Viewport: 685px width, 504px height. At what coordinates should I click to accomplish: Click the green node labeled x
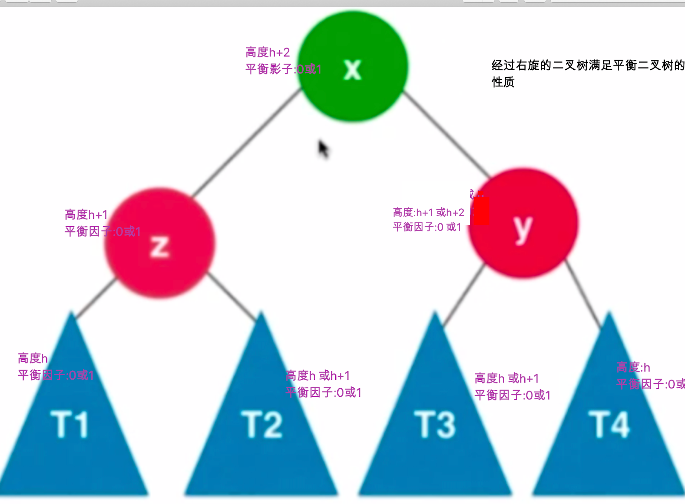(353, 66)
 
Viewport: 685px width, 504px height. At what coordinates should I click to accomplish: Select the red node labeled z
(159, 242)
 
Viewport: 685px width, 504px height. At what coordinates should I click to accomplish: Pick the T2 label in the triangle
(262, 424)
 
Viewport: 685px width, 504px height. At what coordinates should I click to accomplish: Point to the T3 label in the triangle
(434, 424)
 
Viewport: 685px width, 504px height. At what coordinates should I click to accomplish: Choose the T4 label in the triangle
(609, 424)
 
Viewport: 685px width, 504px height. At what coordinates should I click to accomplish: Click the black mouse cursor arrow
(322, 149)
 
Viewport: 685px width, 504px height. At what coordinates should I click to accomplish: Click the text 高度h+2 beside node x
(268, 53)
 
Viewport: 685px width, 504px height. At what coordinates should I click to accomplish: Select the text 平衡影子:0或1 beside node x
(283, 69)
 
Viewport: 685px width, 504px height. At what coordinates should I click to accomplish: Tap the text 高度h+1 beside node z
(86, 215)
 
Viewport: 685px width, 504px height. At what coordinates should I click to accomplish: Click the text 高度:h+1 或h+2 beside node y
(428, 212)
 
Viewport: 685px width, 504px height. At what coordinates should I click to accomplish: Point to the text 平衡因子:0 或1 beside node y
(427, 227)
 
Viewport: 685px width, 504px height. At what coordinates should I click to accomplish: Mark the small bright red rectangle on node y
(480, 211)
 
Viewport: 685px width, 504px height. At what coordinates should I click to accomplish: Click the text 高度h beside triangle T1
(33, 358)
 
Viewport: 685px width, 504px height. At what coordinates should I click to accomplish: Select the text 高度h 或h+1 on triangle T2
(317, 375)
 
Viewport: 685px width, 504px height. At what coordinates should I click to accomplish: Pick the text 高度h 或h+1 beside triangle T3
(507, 378)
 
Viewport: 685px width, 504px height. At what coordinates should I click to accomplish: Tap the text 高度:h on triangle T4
(633, 367)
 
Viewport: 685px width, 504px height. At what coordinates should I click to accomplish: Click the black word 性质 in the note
(503, 82)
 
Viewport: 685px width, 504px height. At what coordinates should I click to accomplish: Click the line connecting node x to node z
(247, 143)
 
